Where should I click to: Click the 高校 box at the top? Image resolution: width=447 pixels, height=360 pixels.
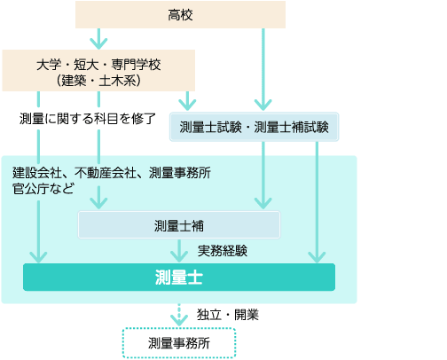[x=180, y=15]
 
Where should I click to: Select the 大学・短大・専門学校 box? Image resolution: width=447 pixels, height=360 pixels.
[x=98, y=70]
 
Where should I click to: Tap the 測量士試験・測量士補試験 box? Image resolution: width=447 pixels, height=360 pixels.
[x=255, y=127]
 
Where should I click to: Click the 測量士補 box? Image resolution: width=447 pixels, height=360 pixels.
[x=179, y=225]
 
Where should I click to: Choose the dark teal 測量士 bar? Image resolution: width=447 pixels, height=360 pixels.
[x=179, y=278]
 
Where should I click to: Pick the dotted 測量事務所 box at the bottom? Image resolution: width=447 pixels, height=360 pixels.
[x=179, y=343]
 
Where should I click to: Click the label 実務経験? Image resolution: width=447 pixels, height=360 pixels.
[x=223, y=251]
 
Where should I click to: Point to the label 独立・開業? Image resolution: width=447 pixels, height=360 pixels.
[x=228, y=315]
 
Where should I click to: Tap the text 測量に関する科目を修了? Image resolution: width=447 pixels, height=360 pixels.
[x=88, y=119]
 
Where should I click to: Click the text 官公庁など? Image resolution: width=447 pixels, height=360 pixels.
[x=43, y=189]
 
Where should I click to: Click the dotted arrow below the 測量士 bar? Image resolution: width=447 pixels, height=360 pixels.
[x=179, y=315]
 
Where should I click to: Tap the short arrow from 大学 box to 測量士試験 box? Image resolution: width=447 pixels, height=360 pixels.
[x=187, y=101]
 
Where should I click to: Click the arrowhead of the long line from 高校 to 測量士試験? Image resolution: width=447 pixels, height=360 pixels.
[x=263, y=105]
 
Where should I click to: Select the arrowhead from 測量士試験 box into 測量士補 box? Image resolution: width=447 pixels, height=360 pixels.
[x=263, y=203]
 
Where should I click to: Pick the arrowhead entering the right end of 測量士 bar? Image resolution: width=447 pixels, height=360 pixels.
[x=317, y=257]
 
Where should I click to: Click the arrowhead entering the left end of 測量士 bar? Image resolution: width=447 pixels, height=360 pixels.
[x=38, y=257]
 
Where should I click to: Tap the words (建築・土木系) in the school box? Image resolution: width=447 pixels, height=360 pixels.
[x=98, y=81]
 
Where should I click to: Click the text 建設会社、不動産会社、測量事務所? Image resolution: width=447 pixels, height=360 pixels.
[x=112, y=173]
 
